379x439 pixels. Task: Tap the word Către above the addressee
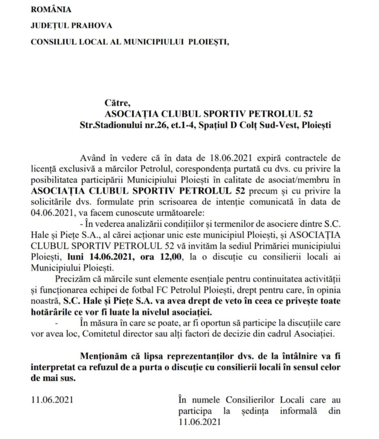click(117, 103)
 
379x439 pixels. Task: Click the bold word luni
click(76, 256)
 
